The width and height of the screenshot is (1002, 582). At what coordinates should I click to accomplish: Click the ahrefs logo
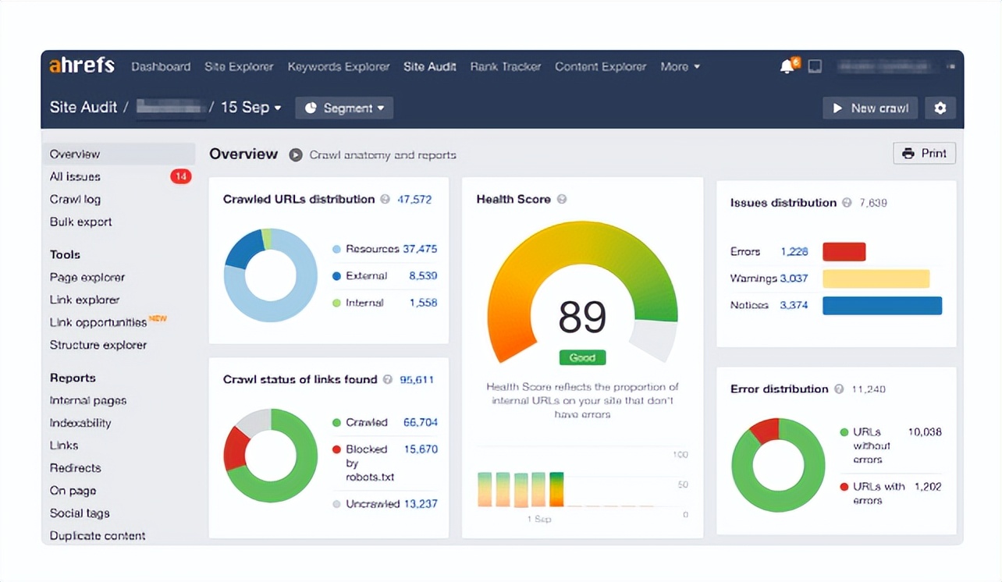[82, 66]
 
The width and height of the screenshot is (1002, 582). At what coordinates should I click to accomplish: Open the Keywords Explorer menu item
[338, 67]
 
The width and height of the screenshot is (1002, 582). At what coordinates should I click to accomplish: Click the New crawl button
[869, 108]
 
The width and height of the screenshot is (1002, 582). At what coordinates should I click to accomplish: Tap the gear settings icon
[940, 108]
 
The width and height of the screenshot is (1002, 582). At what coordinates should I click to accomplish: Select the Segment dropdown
[344, 108]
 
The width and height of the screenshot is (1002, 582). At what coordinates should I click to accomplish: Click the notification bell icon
[787, 67]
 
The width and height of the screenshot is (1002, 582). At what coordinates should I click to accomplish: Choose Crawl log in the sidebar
[75, 200]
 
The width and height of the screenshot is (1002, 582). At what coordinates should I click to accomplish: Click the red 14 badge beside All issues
[180, 177]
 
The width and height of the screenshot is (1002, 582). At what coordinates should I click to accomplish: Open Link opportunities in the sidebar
[98, 322]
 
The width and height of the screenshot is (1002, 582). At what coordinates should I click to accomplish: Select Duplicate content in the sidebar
[98, 536]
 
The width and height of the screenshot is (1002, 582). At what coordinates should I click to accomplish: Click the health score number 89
[582, 317]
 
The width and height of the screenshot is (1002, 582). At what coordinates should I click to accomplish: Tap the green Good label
[582, 358]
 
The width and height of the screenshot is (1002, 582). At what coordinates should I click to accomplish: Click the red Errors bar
[844, 252]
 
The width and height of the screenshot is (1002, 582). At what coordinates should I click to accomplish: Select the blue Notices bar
[882, 306]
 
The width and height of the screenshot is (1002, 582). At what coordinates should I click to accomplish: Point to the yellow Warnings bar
[876, 279]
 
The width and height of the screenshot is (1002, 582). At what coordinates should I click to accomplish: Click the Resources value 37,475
[420, 250]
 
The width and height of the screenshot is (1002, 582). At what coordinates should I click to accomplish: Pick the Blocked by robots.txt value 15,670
[420, 449]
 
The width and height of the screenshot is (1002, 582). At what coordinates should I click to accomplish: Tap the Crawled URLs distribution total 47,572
[414, 200]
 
